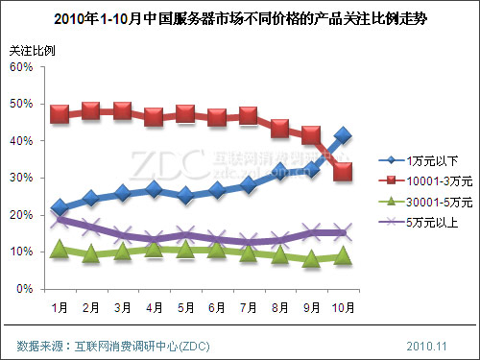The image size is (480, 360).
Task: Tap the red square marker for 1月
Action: coord(60,114)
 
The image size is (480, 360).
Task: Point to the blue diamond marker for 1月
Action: coord(60,207)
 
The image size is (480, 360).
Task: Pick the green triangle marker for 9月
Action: coord(311,259)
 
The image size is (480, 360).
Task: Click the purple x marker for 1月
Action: coord(60,220)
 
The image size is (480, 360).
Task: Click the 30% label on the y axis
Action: coord(26,178)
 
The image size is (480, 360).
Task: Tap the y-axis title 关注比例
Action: coord(32,49)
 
